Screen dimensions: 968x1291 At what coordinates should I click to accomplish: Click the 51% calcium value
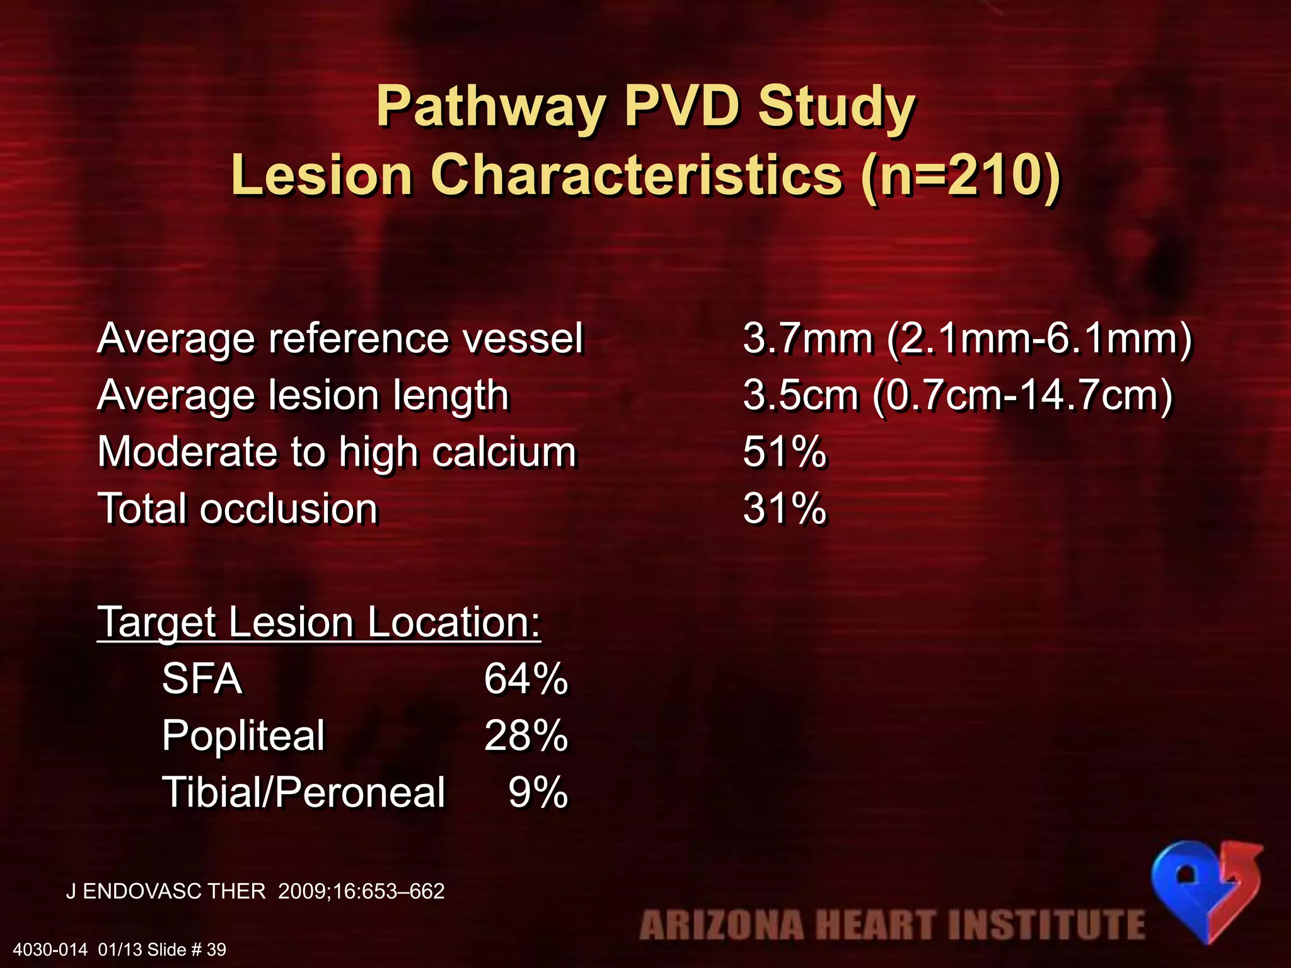784,452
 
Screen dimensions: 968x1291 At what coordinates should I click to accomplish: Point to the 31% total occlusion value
784,509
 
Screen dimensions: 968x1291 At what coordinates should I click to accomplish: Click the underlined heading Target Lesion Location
319,623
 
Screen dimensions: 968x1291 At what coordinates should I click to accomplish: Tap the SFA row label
202,679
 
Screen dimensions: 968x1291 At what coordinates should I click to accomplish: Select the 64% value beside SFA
526,679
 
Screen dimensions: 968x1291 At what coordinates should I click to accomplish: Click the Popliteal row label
243,735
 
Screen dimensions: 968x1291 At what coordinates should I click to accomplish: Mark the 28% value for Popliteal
526,735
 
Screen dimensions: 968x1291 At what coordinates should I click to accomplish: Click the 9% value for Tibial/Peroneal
538,792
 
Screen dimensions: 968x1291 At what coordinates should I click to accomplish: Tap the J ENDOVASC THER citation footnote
255,891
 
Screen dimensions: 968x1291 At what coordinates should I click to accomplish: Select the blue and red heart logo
1205,889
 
